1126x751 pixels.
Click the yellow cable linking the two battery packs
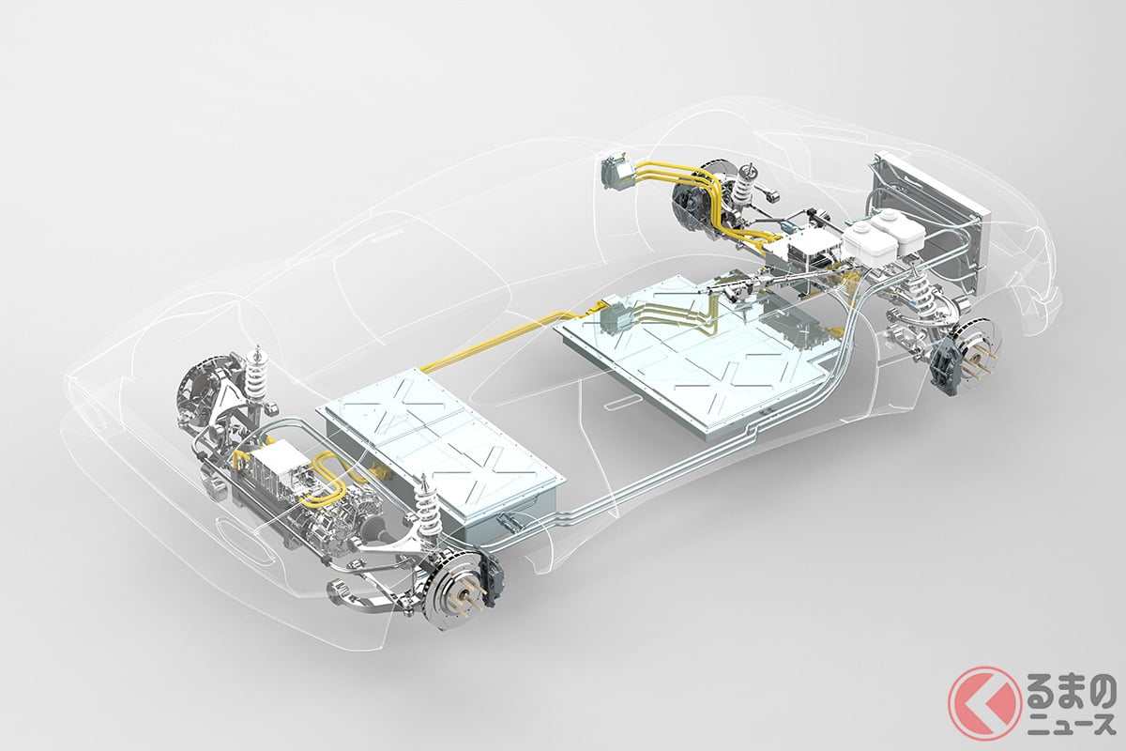click(x=508, y=342)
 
